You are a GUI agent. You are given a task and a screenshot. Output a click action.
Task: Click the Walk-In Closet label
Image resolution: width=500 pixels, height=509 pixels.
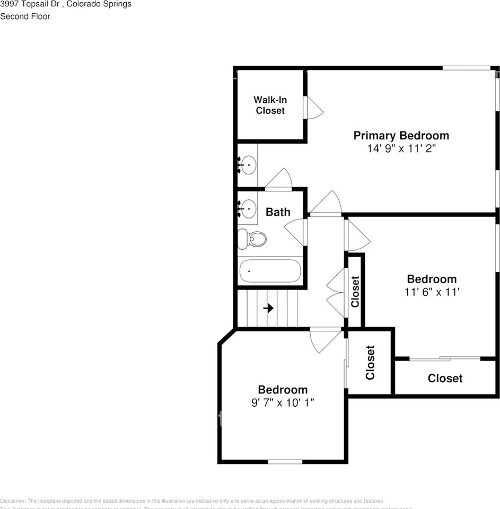270,105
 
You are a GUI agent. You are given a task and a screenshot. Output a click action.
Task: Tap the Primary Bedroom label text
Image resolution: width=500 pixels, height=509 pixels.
401,136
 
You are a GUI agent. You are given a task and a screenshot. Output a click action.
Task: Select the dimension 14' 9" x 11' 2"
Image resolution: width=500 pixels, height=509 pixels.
401,148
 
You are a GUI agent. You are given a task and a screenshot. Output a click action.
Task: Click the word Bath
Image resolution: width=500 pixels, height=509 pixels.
278,212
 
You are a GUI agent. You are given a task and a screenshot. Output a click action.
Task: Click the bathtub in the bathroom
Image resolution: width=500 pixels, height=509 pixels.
270,270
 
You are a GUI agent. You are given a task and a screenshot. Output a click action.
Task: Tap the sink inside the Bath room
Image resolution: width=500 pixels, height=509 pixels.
248,209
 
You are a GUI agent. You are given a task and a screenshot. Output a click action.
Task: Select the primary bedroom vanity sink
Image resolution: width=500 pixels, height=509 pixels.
248,165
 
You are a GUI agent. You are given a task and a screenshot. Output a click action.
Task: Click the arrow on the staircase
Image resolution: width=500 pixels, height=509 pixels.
268,308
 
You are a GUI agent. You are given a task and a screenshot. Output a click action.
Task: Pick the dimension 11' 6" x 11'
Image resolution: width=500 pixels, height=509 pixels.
431,292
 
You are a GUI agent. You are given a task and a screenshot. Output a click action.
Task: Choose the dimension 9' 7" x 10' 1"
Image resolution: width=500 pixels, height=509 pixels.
283,402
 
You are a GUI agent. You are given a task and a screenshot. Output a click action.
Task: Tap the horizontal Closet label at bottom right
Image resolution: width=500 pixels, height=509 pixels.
445,378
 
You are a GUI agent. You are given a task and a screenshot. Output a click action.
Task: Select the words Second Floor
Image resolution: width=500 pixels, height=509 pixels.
25,16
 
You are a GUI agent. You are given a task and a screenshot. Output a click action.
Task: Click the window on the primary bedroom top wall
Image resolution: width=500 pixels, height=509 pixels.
466,68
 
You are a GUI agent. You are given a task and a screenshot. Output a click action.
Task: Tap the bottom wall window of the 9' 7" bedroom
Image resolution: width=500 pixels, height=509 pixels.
285,462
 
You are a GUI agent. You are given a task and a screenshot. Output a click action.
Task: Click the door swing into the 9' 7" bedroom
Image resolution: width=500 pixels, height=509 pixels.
324,340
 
